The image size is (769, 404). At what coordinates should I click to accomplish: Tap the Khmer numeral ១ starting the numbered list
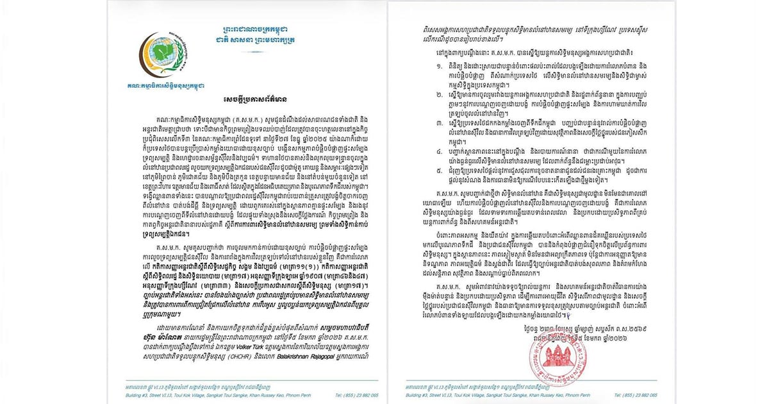pos(420,85)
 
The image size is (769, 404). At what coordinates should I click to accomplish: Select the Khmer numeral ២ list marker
pos(420,112)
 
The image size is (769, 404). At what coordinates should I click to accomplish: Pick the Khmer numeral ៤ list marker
pos(420,169)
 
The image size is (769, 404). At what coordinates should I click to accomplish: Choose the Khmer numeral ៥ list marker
pos(420,189)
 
